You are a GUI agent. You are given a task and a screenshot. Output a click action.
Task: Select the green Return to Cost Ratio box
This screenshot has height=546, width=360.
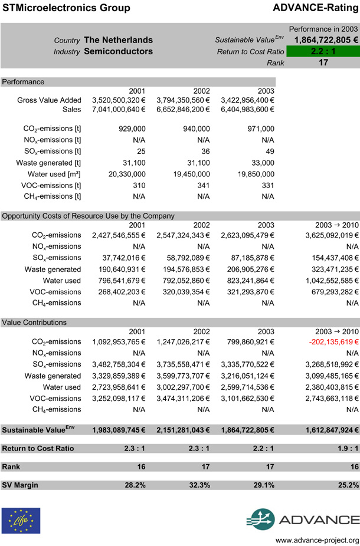[323, 51]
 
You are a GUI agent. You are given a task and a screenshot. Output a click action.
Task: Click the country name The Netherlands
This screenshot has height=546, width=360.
[118, 40]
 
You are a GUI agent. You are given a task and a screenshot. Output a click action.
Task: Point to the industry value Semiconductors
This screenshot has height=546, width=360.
[118, 51]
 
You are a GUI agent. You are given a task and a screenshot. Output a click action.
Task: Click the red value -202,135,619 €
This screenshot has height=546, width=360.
[332, 341]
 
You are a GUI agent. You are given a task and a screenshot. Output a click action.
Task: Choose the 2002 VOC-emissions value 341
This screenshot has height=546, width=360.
[202, 185]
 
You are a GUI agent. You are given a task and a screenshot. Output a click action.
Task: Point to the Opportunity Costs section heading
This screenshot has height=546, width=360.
[89, 216]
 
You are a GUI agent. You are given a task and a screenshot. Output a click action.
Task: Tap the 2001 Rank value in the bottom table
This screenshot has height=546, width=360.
[135, 466]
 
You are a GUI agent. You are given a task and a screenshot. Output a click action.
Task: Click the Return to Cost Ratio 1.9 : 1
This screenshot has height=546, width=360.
[342, 448]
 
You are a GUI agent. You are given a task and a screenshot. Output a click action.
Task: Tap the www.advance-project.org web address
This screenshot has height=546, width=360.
[318, 540]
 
